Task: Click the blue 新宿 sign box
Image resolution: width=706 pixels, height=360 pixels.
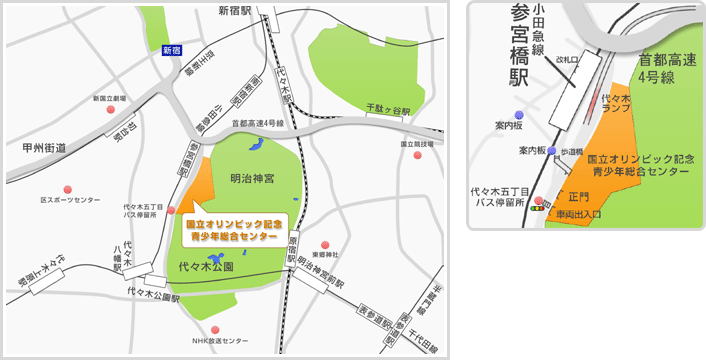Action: tap(171, 49)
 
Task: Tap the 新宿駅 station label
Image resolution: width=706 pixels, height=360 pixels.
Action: tap(237, 11)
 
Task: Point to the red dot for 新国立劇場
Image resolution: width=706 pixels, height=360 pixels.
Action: tap(110, 112)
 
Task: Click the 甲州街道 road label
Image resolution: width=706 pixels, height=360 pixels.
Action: tap(44, 147)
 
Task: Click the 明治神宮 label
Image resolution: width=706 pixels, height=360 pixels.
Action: tap(252, 178)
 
